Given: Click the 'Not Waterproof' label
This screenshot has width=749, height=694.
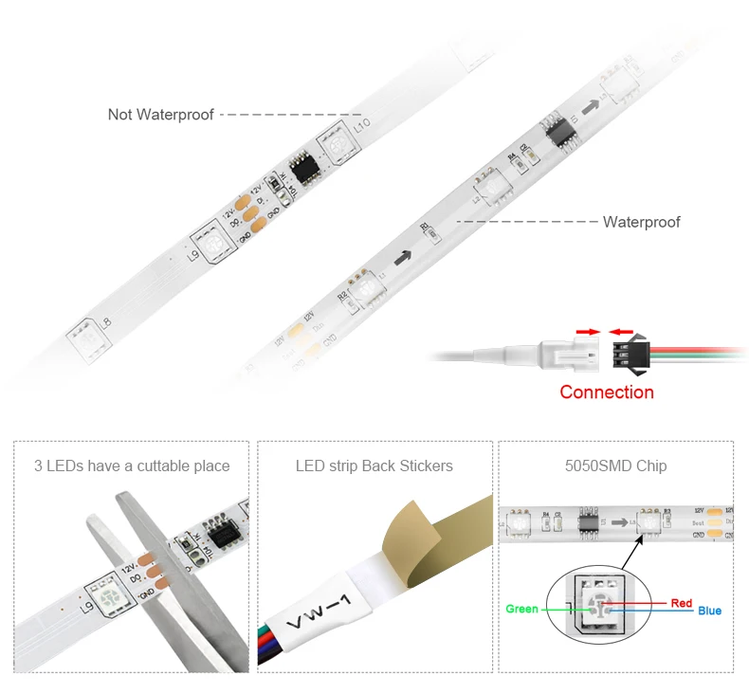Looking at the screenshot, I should pyautogui.click(x=161, y=115).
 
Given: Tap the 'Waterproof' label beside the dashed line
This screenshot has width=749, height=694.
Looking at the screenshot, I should pyautogui.click(x=642, y=222).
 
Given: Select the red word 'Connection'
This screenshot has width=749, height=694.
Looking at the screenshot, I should pyautogui.click(x=607, y=392).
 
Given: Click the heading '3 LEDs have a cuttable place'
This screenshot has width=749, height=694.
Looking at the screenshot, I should pyautogui.click(x=132, y=466).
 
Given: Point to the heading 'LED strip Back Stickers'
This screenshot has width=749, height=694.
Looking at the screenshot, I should pyautogui.click(x=374, y=466).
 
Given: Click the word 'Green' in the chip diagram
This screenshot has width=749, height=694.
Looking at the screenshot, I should pyautogui.click(x=521, y=610).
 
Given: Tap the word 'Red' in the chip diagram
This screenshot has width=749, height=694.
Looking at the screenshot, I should pyautogui.click(x=681, y=603).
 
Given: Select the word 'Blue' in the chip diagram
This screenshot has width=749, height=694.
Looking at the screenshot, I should pyautogui.click(x=709, y=611).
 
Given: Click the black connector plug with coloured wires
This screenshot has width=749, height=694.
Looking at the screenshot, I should pyautogui.click(x=630, y=354).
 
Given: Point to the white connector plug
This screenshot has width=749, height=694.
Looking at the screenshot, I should pyautogui.click(x=568, y=354).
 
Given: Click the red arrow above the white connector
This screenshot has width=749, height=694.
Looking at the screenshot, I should pyautogui.click(x=588, y=332).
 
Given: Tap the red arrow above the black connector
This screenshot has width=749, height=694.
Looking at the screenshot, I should pyautogui.click(x=622, y=332).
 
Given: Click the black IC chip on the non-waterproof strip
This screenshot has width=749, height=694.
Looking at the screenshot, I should pyautogui.click(x=304, y=167).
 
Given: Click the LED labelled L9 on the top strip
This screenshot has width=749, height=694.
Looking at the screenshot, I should pyautogui.click(x=210, y=240).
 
